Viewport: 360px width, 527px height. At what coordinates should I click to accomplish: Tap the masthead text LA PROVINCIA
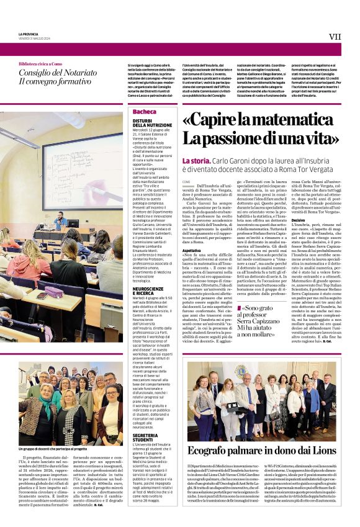tap(29, 34)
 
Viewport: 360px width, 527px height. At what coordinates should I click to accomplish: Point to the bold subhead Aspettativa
tap(191, 250)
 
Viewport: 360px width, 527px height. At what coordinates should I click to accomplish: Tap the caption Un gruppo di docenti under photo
tap(53, 449)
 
